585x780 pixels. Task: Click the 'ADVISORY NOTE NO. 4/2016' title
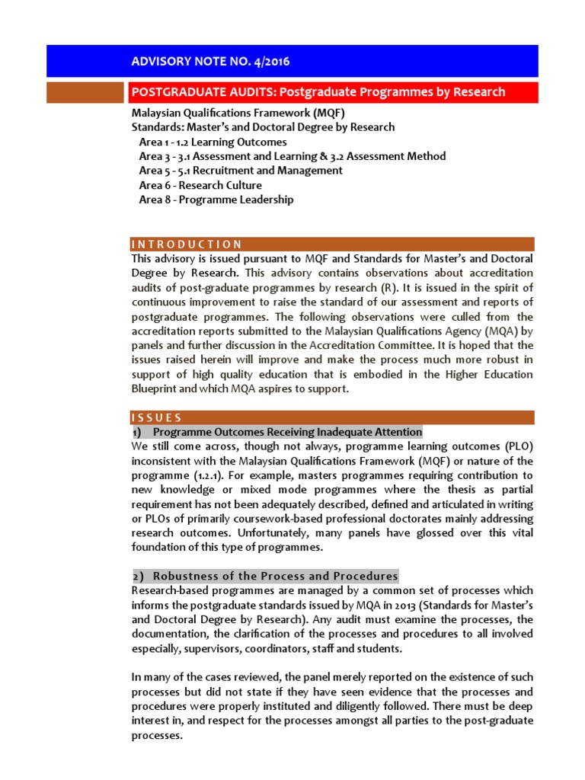pyautogui.click(x=211, y=61)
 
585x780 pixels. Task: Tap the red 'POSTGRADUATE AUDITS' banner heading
pyautogui.click(x=318, y=92)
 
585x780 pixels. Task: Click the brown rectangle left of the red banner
pyautogui.click(x=85, y=92)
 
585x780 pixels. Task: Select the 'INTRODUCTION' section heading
pyautogui.click(x=187, y=245)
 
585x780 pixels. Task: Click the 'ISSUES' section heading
pyautogui.click(x=157, y=417)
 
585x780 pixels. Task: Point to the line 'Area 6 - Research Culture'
pyautogui.click(x=200, y=185)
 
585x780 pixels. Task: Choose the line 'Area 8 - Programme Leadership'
pyautogui.click(x=216, y=200)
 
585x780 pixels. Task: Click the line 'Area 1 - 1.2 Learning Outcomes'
pyautogui.click(x=213, y=142)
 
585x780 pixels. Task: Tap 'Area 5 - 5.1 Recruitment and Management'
pyautogui.click(x=241, y=171)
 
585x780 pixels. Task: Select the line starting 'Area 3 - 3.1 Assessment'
pyautogui.click(x=292, y=156)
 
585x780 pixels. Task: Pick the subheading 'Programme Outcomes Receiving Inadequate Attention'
pyautogui.click(x=287, y=432)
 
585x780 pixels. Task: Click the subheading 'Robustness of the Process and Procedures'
pyautogui.click(x=275, y=576)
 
